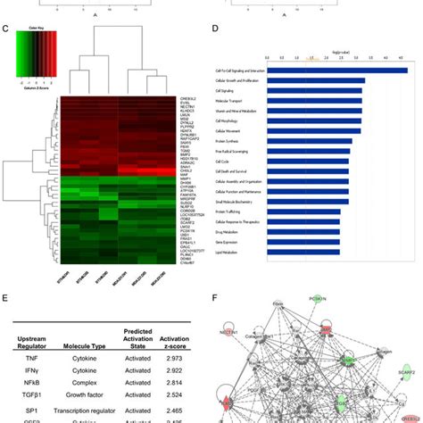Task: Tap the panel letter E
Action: point(6,278)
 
